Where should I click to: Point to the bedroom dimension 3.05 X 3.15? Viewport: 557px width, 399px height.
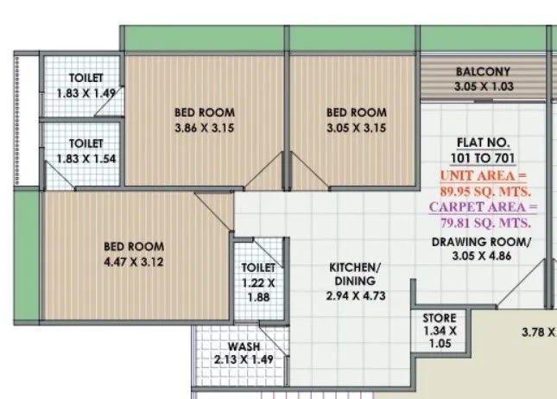[355, 128]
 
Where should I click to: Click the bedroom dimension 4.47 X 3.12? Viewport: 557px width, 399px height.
[133, 262]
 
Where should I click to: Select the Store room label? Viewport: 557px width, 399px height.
[439, 318]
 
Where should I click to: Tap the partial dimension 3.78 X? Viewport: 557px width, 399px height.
[538, 331]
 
